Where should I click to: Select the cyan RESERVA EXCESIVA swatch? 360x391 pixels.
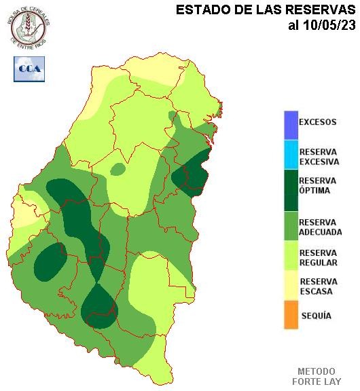tap(291, 155)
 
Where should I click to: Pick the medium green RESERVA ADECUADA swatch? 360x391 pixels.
tap(291, 226)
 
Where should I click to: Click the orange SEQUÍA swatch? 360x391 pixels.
tap(291, 316)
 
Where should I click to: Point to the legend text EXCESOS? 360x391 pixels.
tap(318, 123)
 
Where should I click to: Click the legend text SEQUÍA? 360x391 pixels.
tap(316, 316)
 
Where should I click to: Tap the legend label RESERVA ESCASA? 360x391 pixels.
tap(317, 286)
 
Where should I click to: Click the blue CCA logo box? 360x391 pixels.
tap(29, 69)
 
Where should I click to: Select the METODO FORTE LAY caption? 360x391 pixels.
tap(317, 377)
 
